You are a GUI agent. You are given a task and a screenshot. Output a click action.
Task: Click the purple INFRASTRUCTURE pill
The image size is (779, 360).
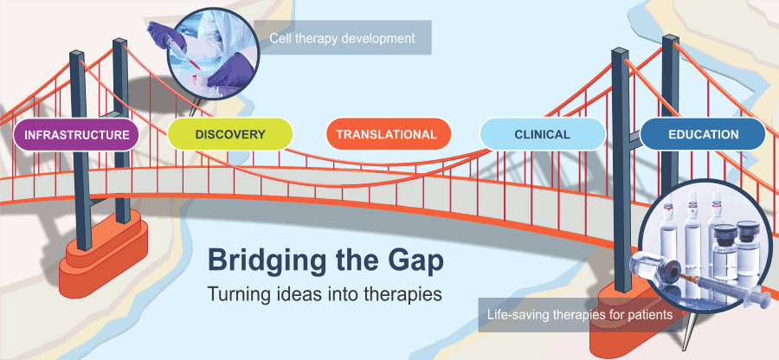tap(76, 134)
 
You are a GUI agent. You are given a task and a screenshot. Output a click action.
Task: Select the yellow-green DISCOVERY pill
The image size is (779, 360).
tap(230, 134)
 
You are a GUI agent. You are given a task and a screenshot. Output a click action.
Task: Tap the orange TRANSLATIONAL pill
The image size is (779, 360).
tap(389, 134)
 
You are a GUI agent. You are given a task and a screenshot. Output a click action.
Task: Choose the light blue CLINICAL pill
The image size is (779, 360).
tap(543, 134)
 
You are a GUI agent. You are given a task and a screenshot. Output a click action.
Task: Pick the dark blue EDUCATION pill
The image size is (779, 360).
tap(703, 134)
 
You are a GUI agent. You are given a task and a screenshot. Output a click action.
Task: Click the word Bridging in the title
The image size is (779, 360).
tap(267, 261)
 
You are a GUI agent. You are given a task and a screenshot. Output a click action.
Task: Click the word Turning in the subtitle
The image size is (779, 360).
tap(233, 293)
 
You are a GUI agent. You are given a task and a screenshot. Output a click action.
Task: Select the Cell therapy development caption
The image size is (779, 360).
tap(342, 38)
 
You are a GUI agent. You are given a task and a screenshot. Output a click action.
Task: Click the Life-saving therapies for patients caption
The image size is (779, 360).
tap(580, 315)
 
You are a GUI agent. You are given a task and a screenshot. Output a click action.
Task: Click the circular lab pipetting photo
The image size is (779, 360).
tap(213, 55)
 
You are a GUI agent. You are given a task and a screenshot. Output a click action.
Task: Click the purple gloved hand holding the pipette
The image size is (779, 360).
tap(165, 33)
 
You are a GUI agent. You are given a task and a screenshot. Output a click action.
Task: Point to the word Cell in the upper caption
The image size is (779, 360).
tap(278, 38)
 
